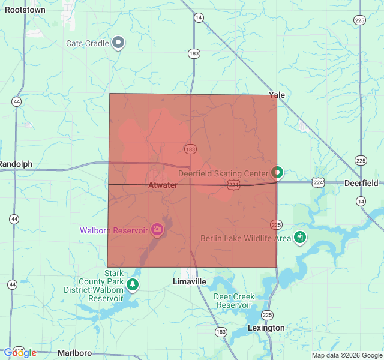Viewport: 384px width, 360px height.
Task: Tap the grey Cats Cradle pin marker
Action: (119, 43)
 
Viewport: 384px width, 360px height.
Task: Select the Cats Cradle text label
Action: (88, 43)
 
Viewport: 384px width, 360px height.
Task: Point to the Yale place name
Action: (277, 95)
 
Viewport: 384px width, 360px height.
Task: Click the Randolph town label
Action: (16, 164)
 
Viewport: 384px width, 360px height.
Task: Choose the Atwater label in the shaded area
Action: (163, 185)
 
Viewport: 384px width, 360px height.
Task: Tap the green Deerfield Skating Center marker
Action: (277, 173)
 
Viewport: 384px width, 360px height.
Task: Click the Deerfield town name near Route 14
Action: (361, 183)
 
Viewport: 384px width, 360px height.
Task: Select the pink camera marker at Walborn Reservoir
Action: (157, 229)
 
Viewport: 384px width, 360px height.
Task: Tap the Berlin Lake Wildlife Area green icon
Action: (300, 237)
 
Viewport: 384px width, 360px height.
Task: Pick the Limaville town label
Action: (189, 281)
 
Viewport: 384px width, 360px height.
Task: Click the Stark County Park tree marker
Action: (132, 284)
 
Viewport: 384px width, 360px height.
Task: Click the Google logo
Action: (19, 353)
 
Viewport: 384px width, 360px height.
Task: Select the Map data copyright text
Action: (346, 355)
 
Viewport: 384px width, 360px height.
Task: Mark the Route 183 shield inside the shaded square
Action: (191, 149)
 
